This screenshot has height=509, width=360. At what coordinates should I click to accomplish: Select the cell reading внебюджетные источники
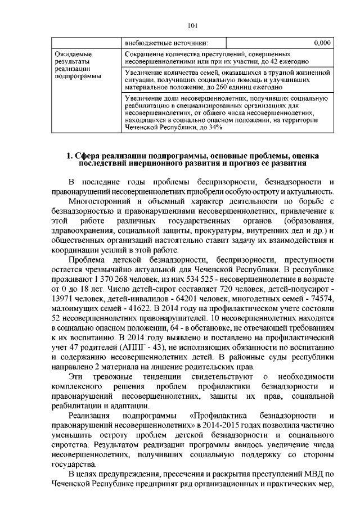click(166, 42)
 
